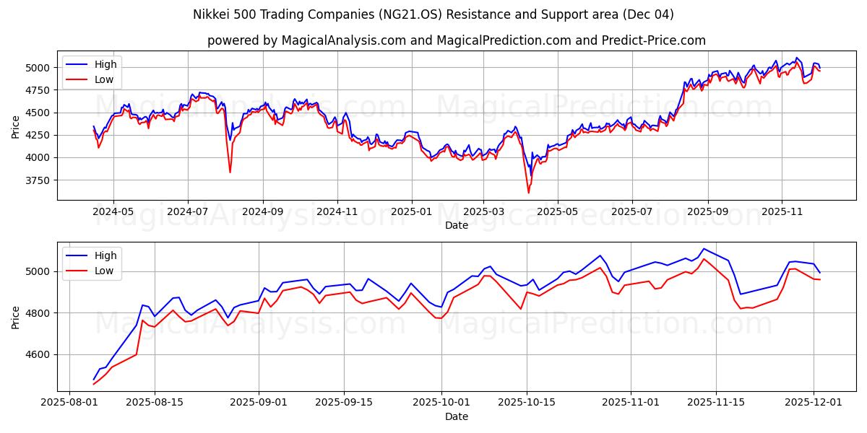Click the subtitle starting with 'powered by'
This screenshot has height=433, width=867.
[x=456, y=40]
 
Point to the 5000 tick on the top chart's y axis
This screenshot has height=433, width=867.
[x=40, y=68]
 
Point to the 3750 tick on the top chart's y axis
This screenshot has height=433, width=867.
[x=40, y=180]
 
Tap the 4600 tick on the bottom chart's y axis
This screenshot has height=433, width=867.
[x=40, y=354]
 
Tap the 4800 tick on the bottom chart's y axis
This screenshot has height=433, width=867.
[x=40, y=313]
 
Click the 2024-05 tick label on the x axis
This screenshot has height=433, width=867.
[x=113, y=212]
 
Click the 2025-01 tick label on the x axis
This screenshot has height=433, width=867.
[x=412, y=212]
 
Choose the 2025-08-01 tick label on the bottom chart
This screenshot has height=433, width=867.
[x=69, y=403]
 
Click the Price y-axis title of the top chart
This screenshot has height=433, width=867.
[x=16, y=127]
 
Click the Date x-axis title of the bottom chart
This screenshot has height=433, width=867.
[x=456, y=416]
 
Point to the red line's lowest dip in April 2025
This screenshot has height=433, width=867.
[x=528, y=193]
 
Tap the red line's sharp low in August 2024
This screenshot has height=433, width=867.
[x=230, y=172]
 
